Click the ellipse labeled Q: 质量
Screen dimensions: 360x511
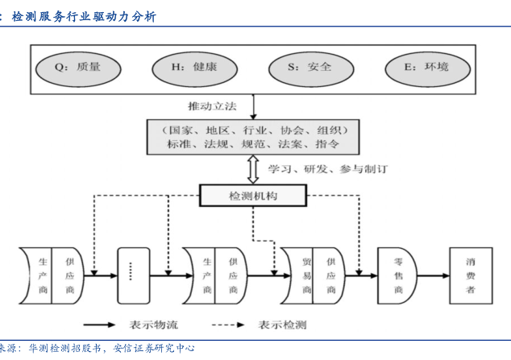(77, 68)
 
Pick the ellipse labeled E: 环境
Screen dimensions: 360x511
(426, 68)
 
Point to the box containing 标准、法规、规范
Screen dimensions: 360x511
(254, 137)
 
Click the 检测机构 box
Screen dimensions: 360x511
(253, 195)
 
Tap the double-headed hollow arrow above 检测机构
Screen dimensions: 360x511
(253, 169)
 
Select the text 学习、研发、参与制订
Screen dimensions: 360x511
(326, 169)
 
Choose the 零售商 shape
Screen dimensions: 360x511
(397, 275)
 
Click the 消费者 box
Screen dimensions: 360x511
(470, 275)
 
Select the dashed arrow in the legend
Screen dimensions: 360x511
(228, 325)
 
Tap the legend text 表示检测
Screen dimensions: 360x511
(282, 325)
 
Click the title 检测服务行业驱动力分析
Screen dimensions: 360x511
(85, 17)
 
